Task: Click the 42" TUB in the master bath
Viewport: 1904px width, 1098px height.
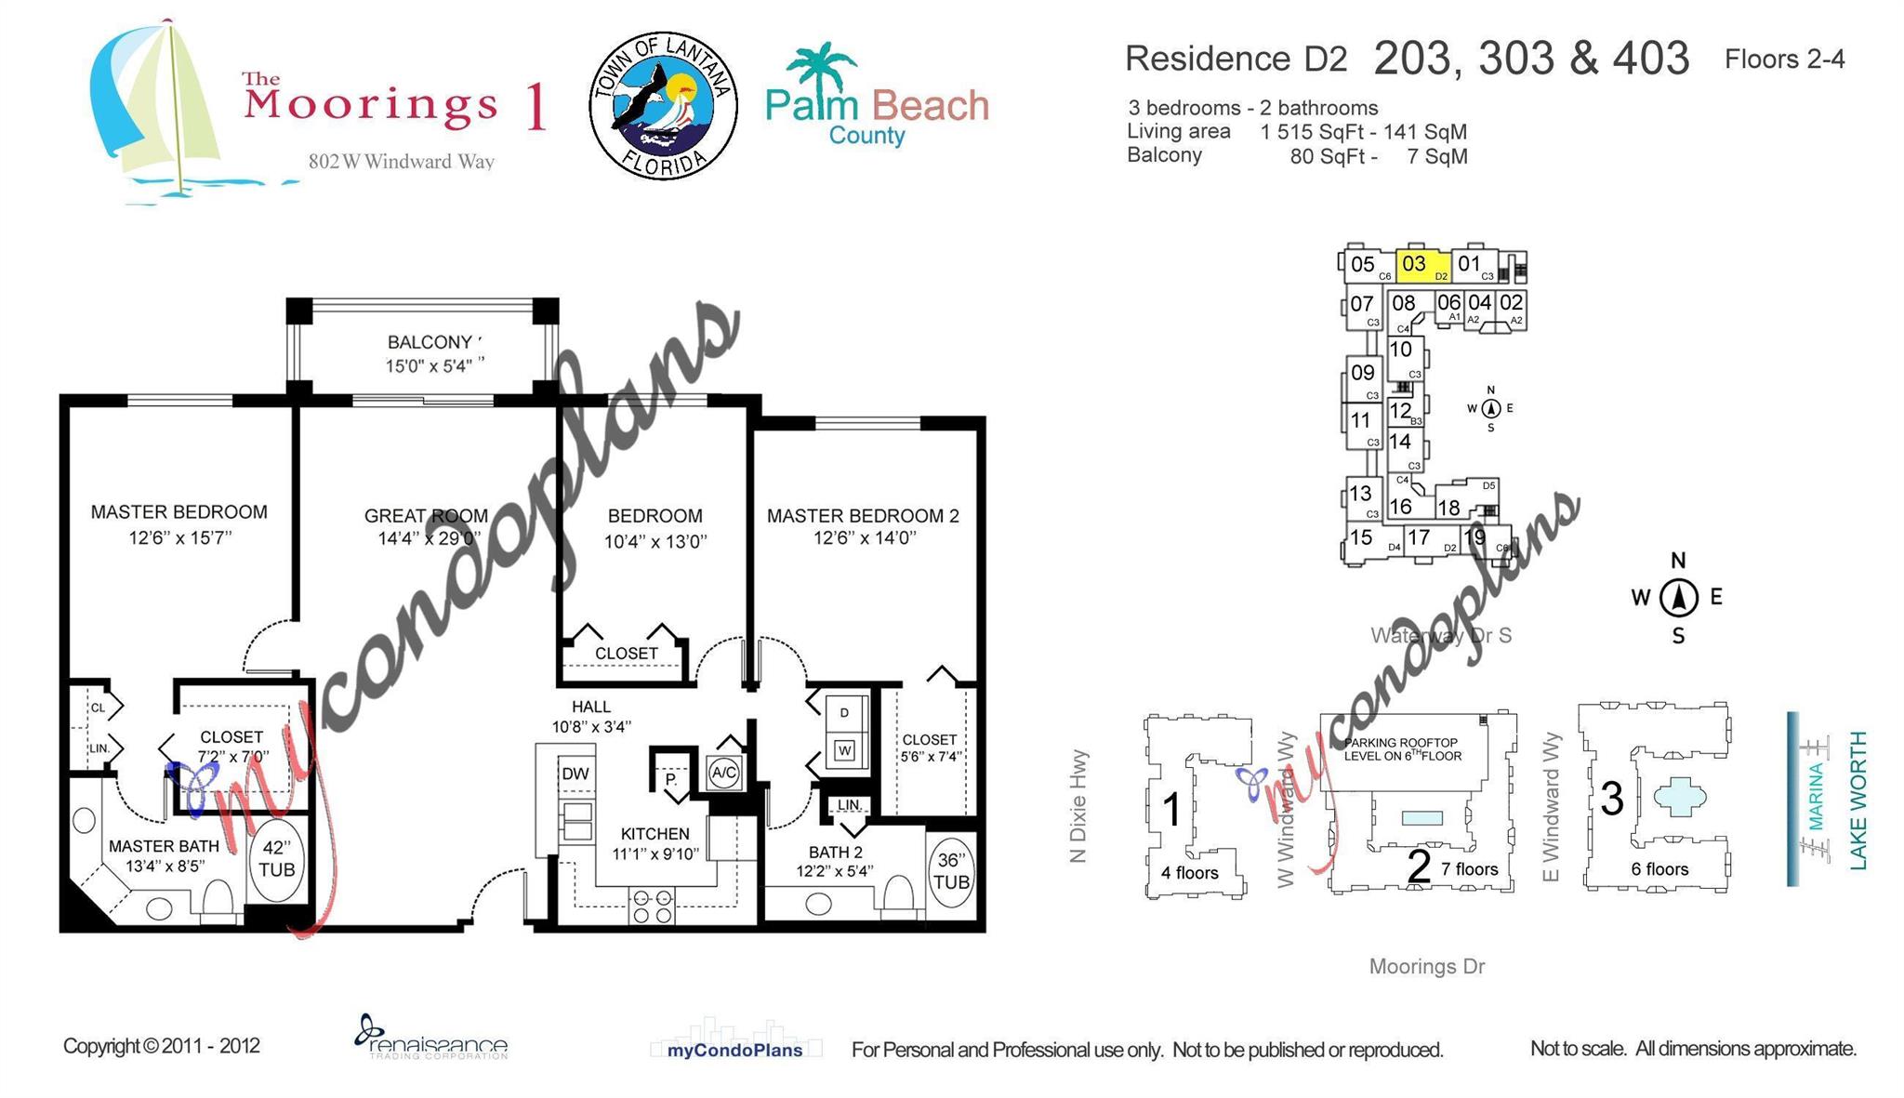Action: tap(276, 859)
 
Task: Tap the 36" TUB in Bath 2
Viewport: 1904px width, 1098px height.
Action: tap(950, 871)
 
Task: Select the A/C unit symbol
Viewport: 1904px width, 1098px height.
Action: tap(723, 773)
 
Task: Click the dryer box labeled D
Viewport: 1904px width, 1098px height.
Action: tap(844, 713)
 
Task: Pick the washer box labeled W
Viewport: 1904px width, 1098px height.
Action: tap(844, 749)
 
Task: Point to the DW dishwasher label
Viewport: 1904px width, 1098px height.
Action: tap(575, 774)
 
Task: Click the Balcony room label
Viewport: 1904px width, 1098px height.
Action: tap(430, 342)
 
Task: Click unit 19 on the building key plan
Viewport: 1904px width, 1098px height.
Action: tap(1474, 537)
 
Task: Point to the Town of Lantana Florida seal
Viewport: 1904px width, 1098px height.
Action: tap(663, 106)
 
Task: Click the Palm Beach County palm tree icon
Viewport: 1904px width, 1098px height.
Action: tap(820, 65)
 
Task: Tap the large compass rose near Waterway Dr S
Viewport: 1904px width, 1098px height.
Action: tap(1678, 597)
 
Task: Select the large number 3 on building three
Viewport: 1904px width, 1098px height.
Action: tap(1611, 799)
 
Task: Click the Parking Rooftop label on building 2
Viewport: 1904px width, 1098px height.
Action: tap(1401, 749)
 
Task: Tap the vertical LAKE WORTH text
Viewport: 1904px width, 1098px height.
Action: tap(1858, 800)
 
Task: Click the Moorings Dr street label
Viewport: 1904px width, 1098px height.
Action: tap(1426, 966)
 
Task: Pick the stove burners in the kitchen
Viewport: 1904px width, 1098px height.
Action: tap(652, 906)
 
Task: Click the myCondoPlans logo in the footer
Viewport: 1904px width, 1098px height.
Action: tap(734, 1049)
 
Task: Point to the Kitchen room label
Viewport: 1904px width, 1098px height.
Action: tap(654, 834)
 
